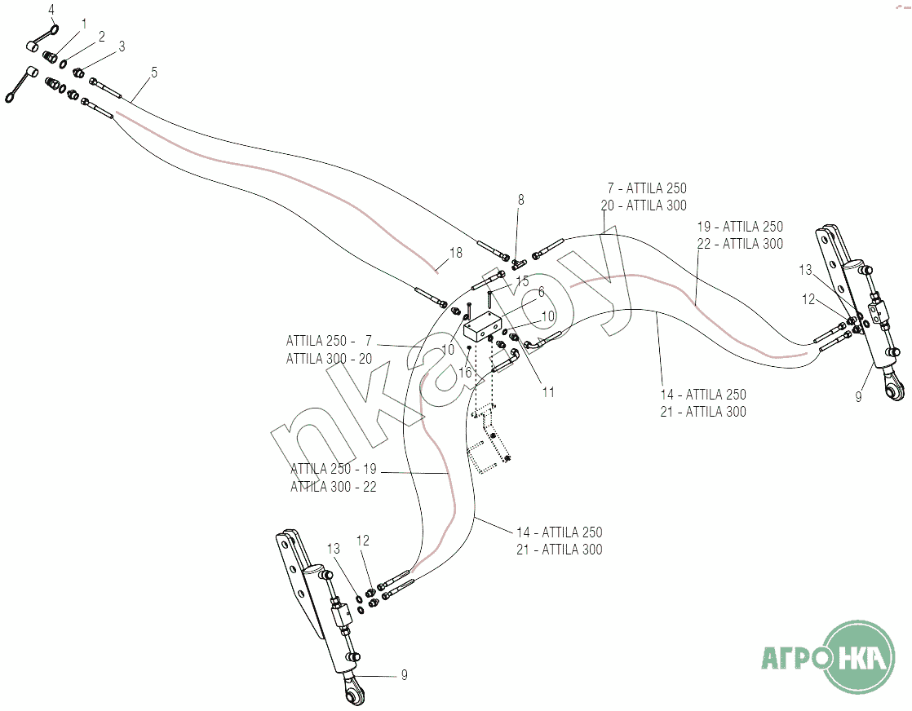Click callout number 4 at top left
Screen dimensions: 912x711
(51, 10)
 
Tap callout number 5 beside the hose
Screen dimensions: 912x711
(154, 73)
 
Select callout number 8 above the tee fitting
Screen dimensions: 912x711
(521, 200)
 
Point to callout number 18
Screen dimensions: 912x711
(456, 253)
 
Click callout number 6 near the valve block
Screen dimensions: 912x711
(541, 291)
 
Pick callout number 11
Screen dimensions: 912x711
(548, 392)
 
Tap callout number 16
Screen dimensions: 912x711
(465, 372)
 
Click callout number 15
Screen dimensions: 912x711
(522, 281)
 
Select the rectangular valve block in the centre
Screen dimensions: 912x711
(481, 326)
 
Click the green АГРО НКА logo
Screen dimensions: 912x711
(828, 657)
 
